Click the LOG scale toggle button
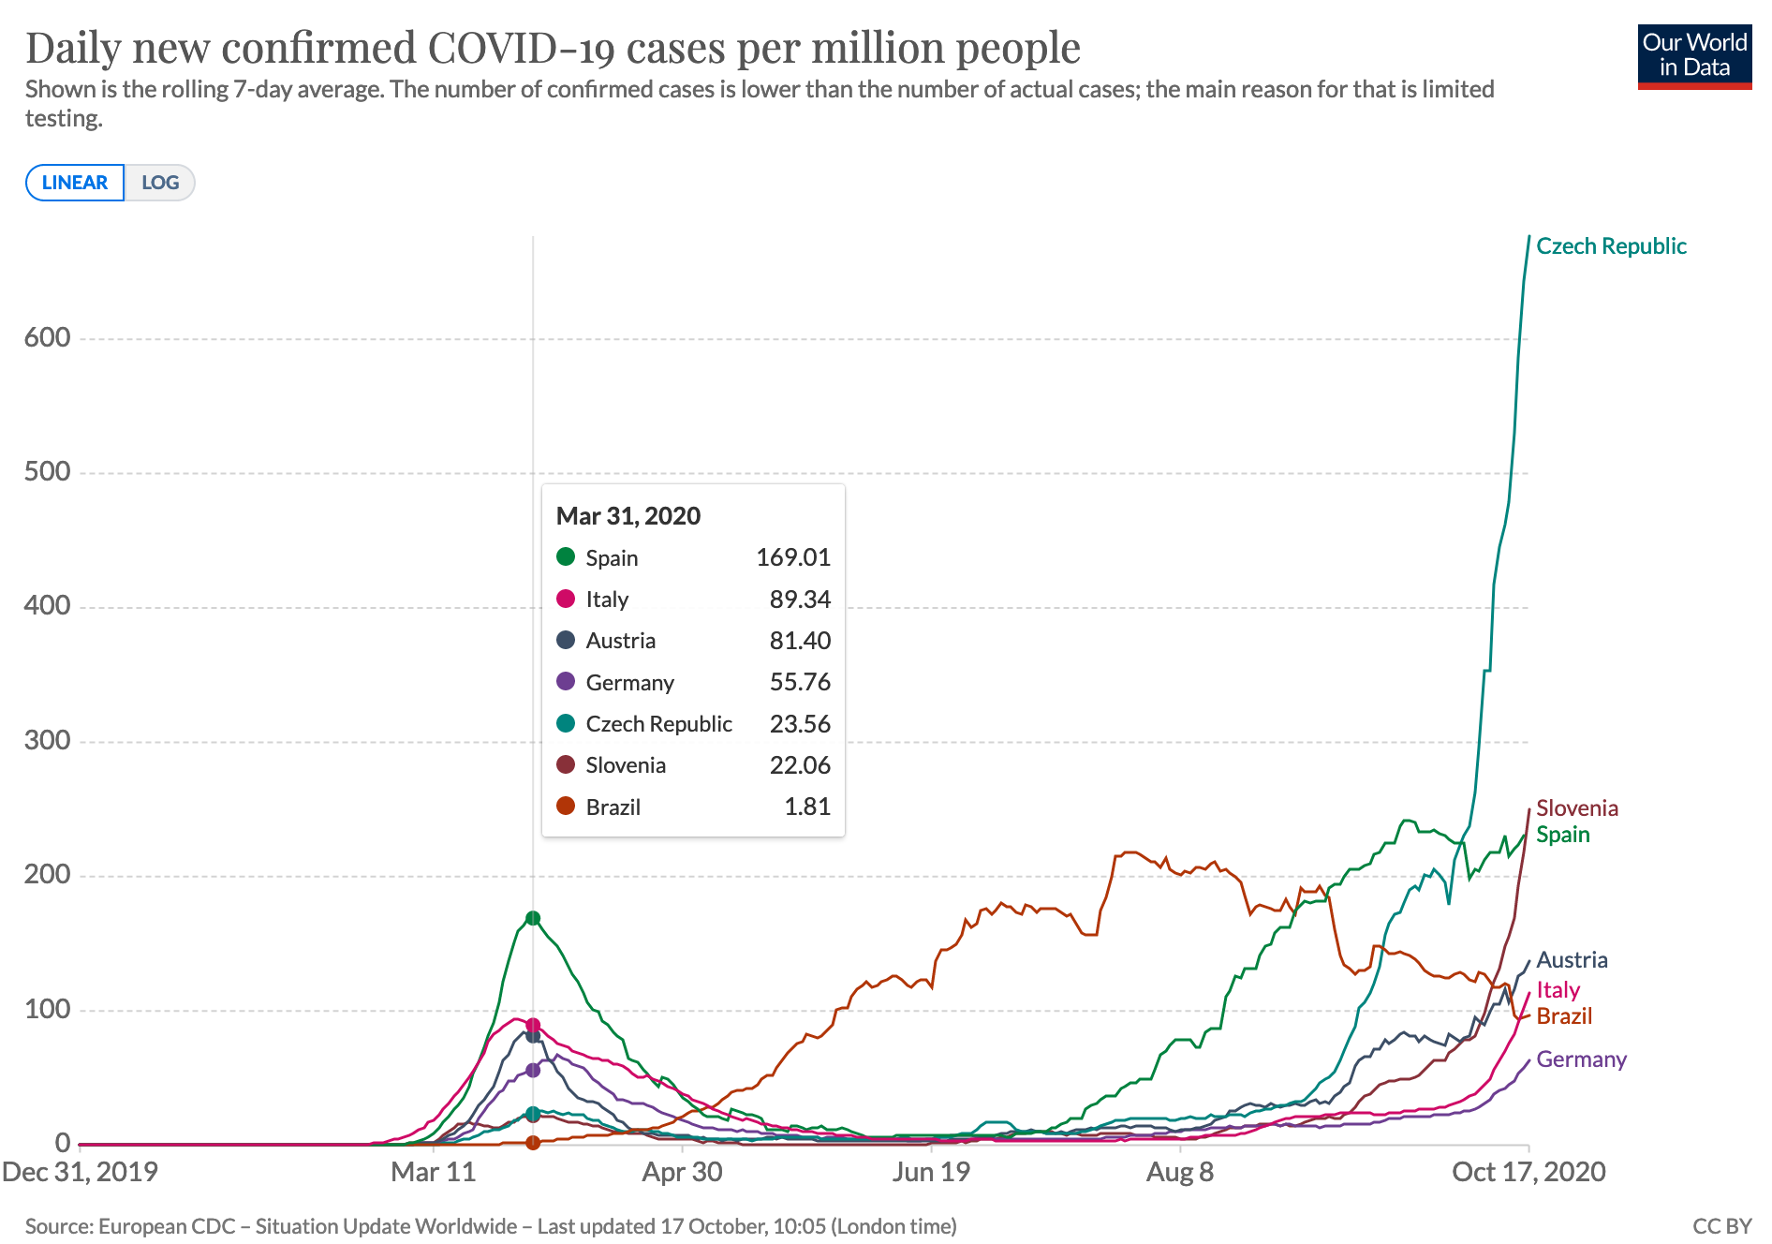(160, 183)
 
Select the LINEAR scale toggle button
(75, 183)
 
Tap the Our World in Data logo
(1693, 56)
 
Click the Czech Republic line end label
(1611, 246)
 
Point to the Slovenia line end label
(1577, 808)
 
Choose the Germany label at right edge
(1581, 1059)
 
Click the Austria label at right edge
(1572, 960)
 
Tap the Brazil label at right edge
(1564, 1016)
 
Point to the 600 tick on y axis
(48, 338)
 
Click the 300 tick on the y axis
(48, 740)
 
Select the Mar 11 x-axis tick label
(433, 1172)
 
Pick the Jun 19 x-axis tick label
(931, 1172)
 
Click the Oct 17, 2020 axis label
(1528, 1172)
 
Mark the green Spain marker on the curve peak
(533, 918)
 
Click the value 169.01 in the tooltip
(792, 557)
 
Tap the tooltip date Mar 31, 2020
(628, 516)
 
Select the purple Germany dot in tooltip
(566, 682)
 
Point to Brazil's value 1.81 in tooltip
(806, 807)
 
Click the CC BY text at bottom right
(1721, 1226)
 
